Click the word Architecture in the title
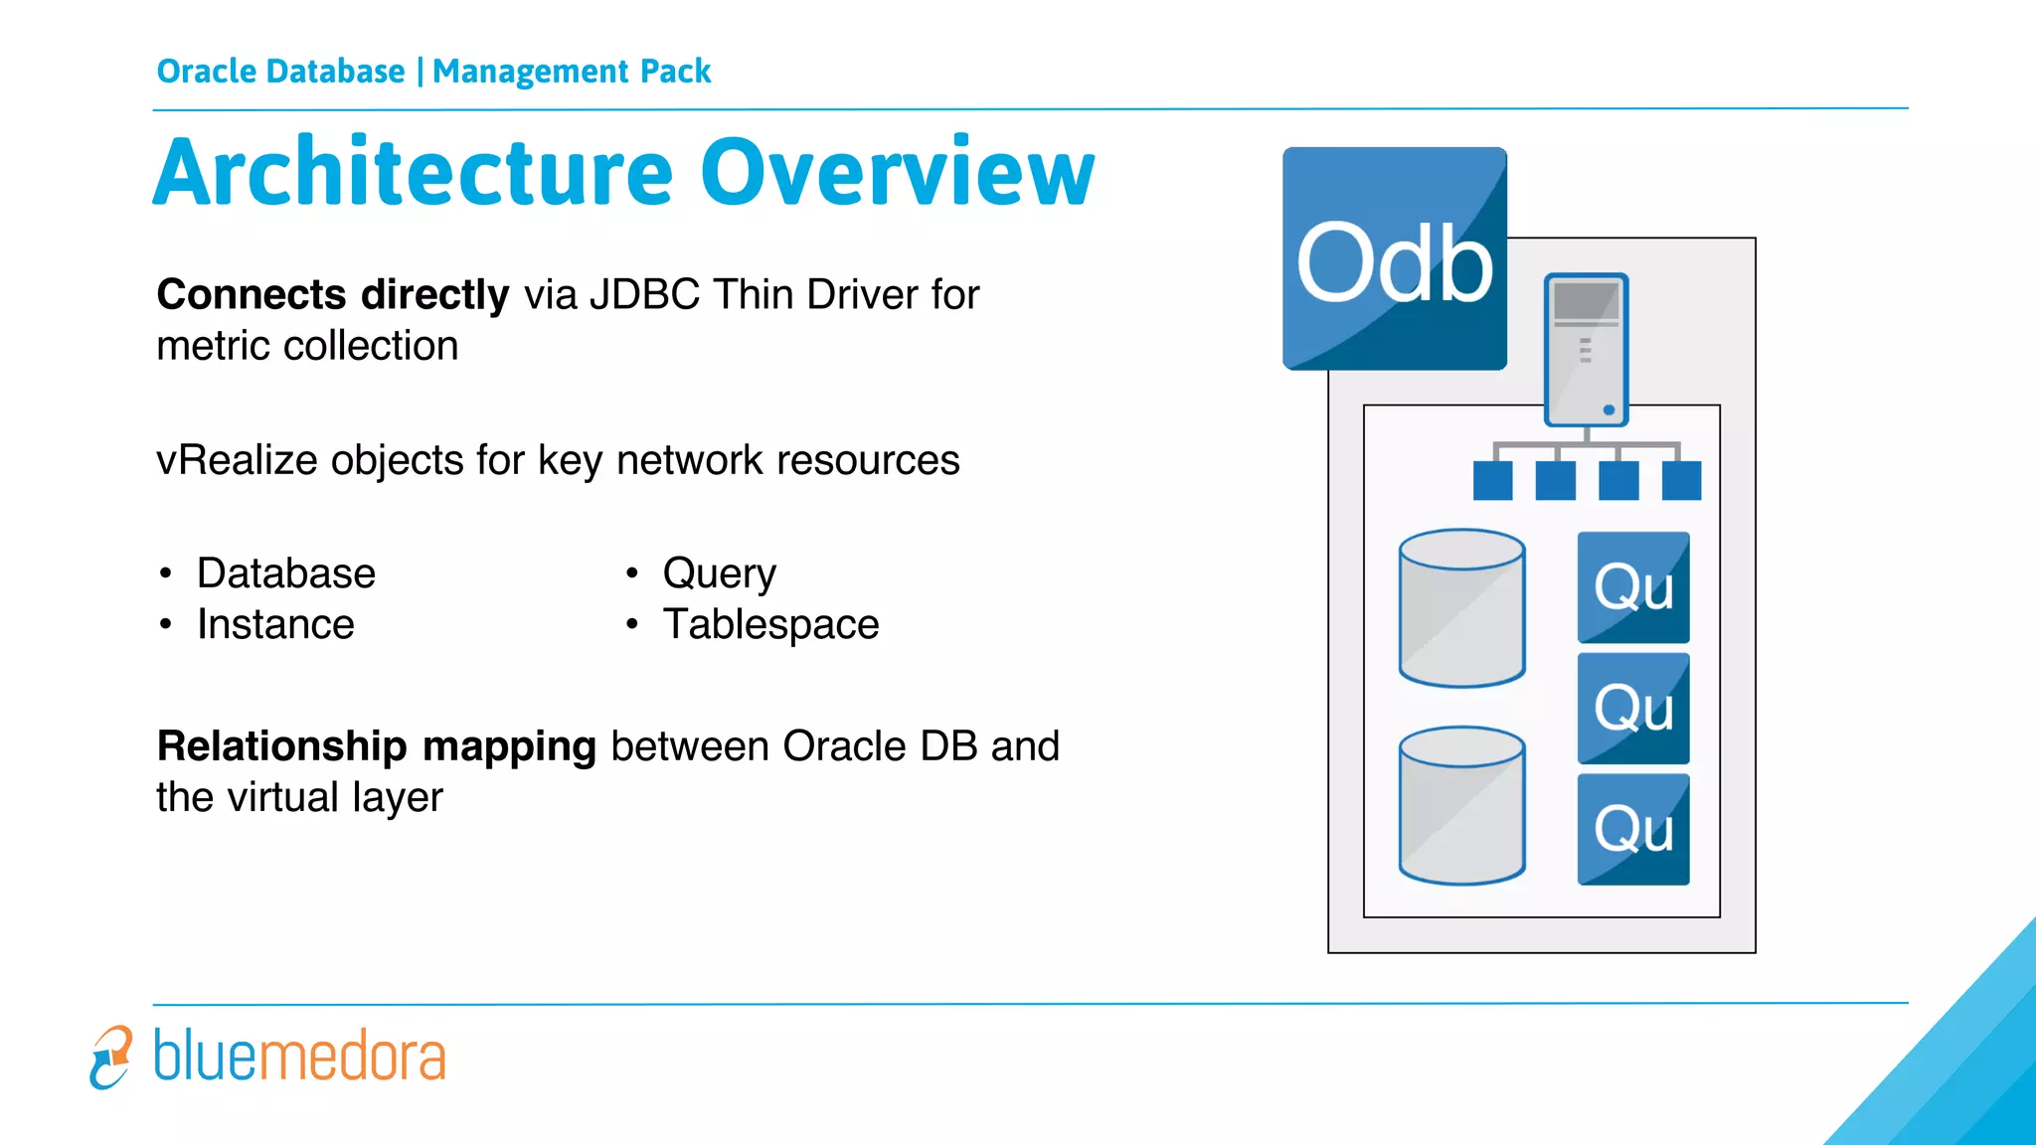(x=414, y=173)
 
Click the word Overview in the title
(x=897, y=173)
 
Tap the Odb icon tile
(x=1394, y=259)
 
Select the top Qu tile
(x=1632, y=587)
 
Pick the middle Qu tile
(x=1632, y=708)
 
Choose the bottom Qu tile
(x=1632, y=829)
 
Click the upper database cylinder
(x=1461, y=607)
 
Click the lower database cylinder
(x=1461, y=805)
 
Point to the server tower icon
(x=1586, y=348)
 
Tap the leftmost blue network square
(x=1492, y=481)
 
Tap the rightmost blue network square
(x=1681, y=481)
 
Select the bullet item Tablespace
(x=770, y=624)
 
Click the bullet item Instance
(x=275, y=624)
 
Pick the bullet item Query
(x=719, y=573)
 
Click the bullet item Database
(x=286, y=573)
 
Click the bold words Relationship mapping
(x=376, y=746)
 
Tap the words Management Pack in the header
(x=572, y=72)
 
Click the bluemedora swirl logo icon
(x=110, y=1057)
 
